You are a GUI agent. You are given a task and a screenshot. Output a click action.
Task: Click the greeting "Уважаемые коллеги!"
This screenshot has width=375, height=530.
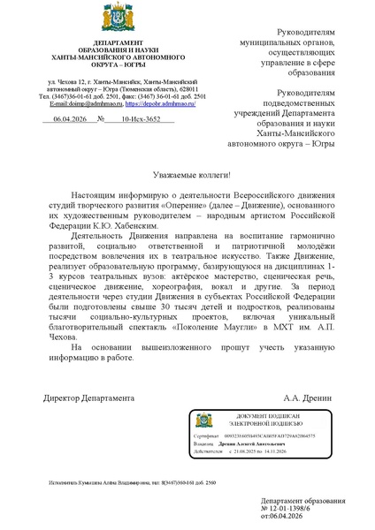(187, 175)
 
